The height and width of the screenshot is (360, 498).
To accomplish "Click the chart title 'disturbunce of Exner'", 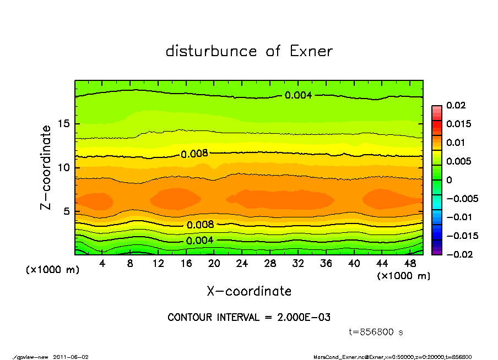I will tap(249, 52).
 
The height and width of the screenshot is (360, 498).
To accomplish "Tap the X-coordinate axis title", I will tap(249, 291).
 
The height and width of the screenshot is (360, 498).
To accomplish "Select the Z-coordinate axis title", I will tap(46, 167).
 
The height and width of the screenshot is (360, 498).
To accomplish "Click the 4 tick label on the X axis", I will tap(102, 264).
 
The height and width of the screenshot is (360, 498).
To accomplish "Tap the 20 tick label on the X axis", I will tap(214, 264).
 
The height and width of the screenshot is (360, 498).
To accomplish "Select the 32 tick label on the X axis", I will tap(297, 264).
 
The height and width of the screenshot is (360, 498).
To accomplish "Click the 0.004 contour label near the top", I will tap(298, 95).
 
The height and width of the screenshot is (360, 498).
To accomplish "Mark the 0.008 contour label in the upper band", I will tap(194, 154).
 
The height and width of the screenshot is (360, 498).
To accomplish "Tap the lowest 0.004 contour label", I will tap(199, 241).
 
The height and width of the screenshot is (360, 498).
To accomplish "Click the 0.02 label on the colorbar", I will tap(456, 105).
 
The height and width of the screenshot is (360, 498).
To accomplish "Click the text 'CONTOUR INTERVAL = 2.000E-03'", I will tap(249, 318).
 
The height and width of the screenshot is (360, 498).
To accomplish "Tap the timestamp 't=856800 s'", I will tap(376, 332).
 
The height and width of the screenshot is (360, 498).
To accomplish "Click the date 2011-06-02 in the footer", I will tap(71, 357).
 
